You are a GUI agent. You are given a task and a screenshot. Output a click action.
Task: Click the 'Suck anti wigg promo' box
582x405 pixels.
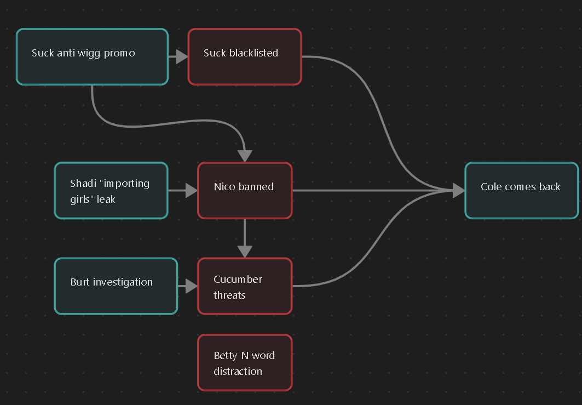[x=92, y=57]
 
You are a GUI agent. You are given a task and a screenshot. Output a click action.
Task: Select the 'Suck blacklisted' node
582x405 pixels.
[x=245, y=57]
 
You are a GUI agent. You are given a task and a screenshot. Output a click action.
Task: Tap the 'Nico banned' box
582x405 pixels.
[x=245, y=191]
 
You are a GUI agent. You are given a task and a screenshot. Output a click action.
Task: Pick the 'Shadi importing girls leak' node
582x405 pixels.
[x=111, y=191]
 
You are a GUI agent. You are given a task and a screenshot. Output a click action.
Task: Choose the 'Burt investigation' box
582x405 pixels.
[x=116, y=286]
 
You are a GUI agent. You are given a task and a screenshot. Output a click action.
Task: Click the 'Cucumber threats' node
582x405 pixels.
[x=245, y=286]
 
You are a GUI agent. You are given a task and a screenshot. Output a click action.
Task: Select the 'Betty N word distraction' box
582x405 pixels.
[x=245, y=363]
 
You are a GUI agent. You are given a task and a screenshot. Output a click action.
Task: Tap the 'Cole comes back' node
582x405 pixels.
[x=521, y=191]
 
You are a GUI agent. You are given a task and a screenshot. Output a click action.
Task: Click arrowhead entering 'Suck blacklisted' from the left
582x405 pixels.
[x=182, y=56]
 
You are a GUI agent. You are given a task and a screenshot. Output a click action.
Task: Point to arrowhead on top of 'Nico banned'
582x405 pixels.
[x=245, y=156]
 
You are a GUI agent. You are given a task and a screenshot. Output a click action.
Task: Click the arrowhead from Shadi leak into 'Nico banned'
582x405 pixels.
[x=191, y=191]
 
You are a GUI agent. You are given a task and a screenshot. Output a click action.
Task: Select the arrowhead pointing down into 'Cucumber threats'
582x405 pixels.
[x=245, y=252]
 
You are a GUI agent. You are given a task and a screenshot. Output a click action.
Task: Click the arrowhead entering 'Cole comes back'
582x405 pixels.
[x=458, y=191]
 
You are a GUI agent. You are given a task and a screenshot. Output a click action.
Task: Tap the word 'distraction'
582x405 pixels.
[x=238, y=372]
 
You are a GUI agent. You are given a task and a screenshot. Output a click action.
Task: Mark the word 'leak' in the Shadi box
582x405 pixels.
[x=106, y=199]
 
